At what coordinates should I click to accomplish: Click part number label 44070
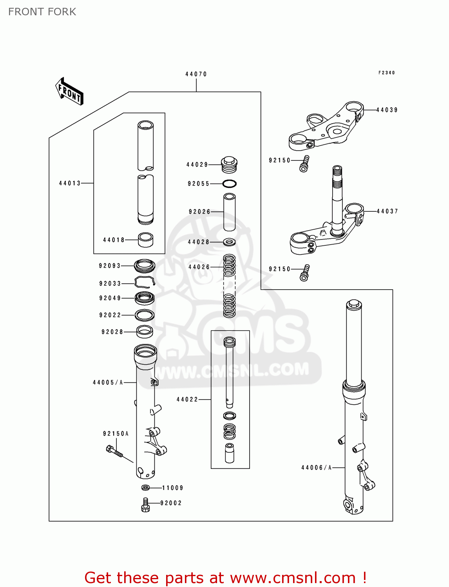click(196, 74)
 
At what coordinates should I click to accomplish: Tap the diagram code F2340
click(386, 73)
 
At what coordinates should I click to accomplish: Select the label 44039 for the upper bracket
click(387, 110)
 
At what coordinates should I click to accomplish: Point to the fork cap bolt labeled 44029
click(229, 164)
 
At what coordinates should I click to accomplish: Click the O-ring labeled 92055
click(230, 184)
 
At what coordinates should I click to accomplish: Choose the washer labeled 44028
click(229, 242)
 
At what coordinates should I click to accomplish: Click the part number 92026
click(199, 212)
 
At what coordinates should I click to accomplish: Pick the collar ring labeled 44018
click(146, 240)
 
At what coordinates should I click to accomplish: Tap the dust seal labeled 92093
click(145, 266)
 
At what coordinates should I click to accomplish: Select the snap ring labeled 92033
click(145, 283)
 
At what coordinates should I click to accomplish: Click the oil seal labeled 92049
click(145, 298)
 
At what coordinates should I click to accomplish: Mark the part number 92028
click(112, 332)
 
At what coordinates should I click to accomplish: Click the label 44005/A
click(108, 382)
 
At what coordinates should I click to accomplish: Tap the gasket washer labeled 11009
click(145, 488)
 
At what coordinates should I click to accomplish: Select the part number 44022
click(187, 400)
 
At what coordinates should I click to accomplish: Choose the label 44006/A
click(316, 468)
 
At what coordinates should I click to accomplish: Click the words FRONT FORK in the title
click(42, 12)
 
